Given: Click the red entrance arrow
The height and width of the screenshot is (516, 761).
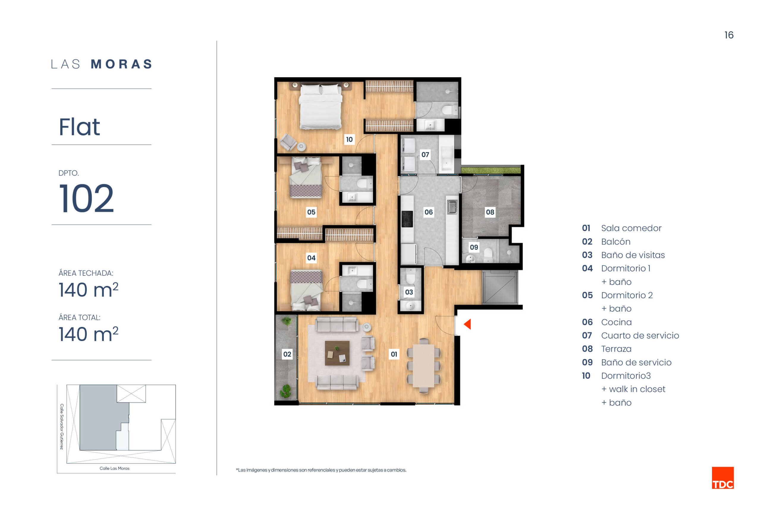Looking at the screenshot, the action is point(468,324).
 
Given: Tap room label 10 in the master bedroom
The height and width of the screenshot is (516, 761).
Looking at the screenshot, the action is point(349,139).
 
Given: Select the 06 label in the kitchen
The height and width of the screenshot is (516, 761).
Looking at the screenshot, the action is point(429,212).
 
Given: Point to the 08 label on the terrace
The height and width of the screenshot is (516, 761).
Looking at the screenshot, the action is point(490,212).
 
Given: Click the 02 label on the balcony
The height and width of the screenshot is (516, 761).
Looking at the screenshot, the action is point(287,354).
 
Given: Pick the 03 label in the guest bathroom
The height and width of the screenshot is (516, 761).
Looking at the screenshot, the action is point(409,292).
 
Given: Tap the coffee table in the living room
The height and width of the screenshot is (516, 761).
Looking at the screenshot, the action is point(337,353).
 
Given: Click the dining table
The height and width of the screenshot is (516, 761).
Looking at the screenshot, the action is point(423,365).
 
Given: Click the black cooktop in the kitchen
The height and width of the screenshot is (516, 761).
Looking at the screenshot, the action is point(407,219).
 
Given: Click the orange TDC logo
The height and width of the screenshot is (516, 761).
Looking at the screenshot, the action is point(723,478).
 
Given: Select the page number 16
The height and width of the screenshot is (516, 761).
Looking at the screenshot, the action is point(729,35).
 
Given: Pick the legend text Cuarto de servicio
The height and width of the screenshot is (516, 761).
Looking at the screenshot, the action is point(640,335).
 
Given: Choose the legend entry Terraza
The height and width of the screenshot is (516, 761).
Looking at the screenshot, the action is point(616,349).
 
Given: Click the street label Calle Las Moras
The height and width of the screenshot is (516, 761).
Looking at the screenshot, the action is point(115,468).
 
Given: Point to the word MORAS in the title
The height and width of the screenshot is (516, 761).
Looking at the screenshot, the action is point(122,64).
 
